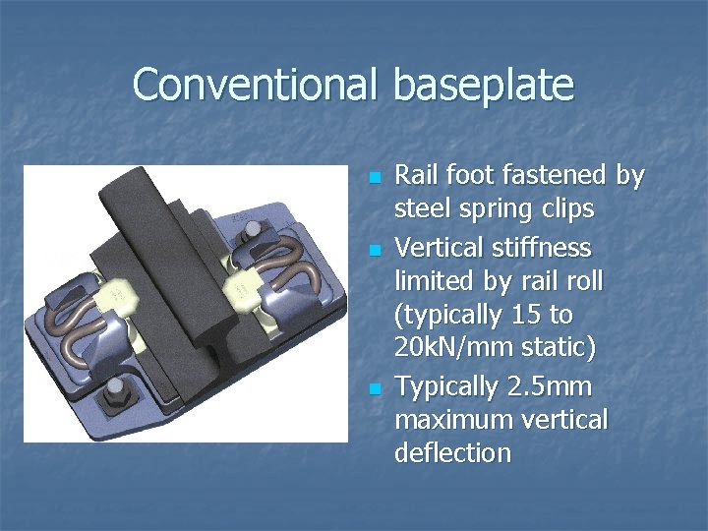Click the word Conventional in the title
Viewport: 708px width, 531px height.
(254, 85)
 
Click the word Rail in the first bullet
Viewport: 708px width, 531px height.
(414, 176)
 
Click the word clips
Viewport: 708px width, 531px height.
(563, 210)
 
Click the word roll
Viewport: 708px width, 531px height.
(580, 281)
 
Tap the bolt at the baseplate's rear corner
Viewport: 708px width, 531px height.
(253, 230)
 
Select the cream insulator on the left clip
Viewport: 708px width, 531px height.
(118, 292)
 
